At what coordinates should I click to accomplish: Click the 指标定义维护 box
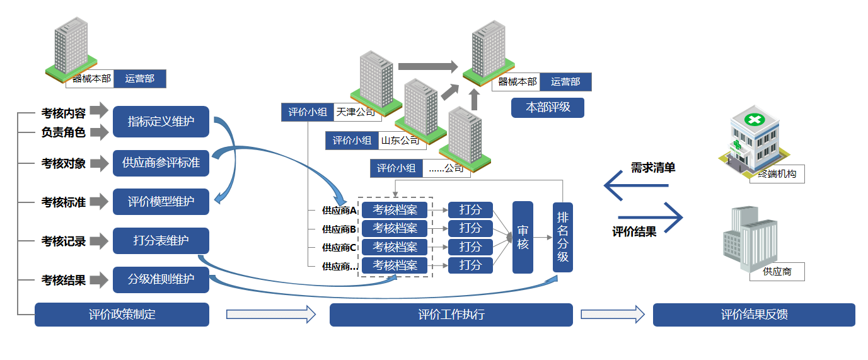click(x=161, y=122)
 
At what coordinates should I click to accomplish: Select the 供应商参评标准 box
click(x=161, y=163)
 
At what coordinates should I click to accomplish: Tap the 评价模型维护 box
click(x=161, y=202)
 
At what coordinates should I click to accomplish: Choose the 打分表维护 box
click(x=161, y=241)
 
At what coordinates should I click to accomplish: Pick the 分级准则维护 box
click(x=161, y=279)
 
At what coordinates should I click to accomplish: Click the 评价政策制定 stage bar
click(x=122, y=315)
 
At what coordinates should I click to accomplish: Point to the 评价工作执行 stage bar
click(x=451, y=315)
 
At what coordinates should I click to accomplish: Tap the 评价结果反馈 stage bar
click(x=754, y=315)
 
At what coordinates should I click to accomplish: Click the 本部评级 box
click(x=548, y=107)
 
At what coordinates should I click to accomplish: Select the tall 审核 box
click(x=523, y=237)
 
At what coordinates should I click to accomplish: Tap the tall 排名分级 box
click(x=562, y=237)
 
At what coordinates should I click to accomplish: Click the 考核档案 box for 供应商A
click(x=395, y=209)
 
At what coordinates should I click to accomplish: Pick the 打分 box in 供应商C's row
click(x=470, y=247)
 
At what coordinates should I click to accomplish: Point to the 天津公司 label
click(x=356, y=112)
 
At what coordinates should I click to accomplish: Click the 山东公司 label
click(x=400, y=141)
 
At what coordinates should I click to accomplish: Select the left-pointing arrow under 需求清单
click(x=635, y=185)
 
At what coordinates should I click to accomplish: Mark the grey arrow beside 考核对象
click(x=99, y=163)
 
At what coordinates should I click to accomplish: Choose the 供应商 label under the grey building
click(x=777, y=272)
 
